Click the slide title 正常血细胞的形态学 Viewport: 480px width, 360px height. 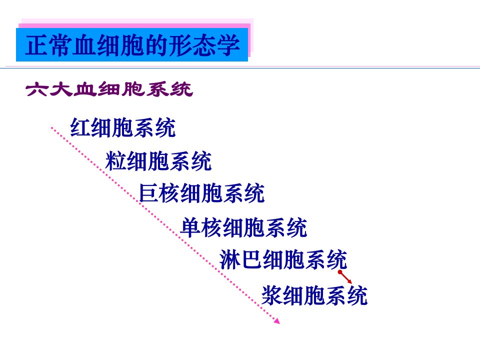pyautogui.click(x=132, y=45)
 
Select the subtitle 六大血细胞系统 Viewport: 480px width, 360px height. pyautogui.click(x=109, y=89)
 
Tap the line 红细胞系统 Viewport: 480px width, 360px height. pyautogui.click(x=123, y=127)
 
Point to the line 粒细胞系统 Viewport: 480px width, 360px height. pyautogui.click(x=158, y=160)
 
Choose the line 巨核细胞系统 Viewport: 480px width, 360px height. pyautogui.click(x=201, y=193)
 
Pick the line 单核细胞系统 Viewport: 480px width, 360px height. pyautogui.click(x=243, y=227)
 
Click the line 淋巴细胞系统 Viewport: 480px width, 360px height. pyautogui.click(x=283, y=259)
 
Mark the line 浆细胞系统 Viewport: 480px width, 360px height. pyautogui.click(x=314, y=295)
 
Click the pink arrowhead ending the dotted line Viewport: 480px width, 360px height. pyautogui.click(x=276, y=321)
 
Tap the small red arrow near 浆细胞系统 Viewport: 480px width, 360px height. pyautogui.click(x=344, y=277)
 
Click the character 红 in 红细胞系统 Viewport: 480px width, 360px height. pyautogui.click(x=80, y=127)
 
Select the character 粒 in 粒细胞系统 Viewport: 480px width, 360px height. pyautogui.click(x=115, y=160)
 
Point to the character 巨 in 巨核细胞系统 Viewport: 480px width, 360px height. pyautogui.click(x=149, y=193)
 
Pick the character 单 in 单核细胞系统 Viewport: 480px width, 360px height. pyautogui.click(x=190, y=227)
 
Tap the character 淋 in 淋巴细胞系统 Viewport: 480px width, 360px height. pyautogui.click(x=229, y=259)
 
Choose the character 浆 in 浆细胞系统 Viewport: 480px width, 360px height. pyautogui.click(x=272, y=295)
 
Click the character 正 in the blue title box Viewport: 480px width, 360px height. pyautogui.click(x=36, y=45)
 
